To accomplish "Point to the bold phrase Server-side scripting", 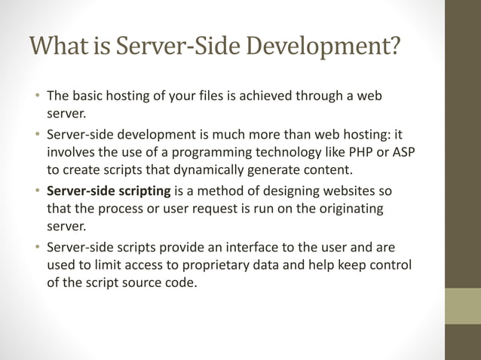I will (x=109, y=189).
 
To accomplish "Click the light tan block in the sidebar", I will (x=463, y=306).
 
